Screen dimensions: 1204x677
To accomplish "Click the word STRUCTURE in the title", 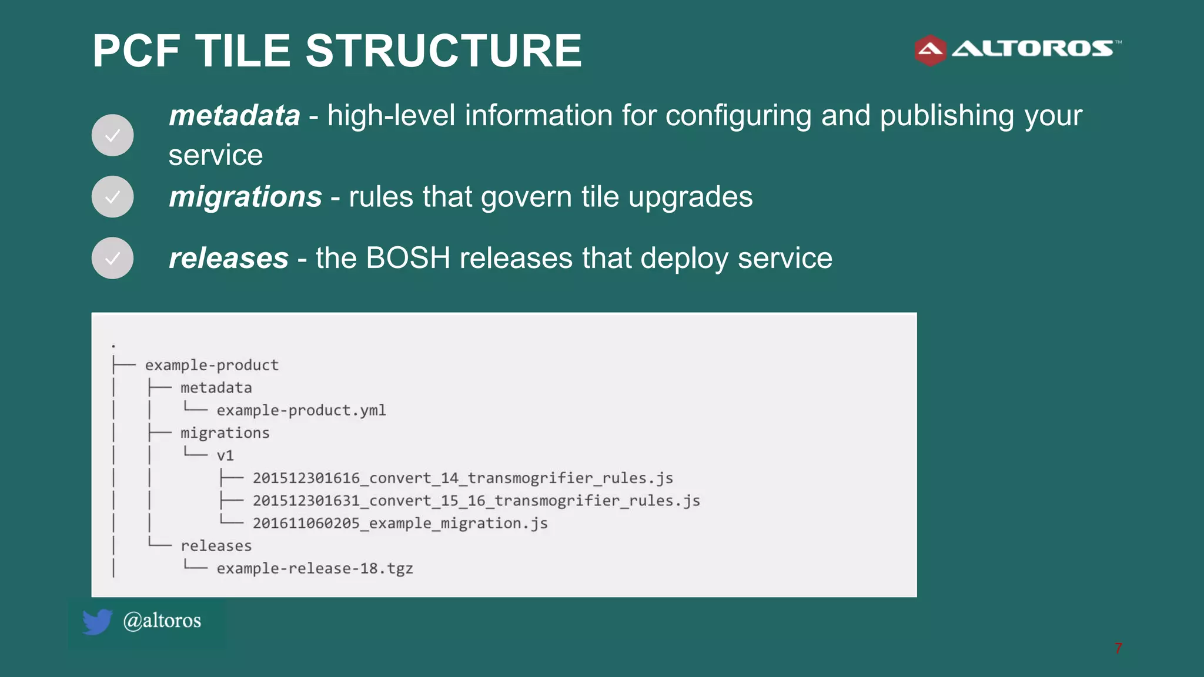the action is point(443,51).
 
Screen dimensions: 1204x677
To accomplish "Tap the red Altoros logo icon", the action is point(930,51).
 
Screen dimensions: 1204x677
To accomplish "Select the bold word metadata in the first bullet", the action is point(235,115).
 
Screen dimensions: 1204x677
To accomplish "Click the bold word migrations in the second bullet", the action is point(245,196).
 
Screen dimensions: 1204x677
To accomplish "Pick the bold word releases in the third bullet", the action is point(229,258).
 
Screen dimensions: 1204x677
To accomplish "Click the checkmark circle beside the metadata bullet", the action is point(112,135).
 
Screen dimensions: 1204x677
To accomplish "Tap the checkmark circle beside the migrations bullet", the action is point(112,197).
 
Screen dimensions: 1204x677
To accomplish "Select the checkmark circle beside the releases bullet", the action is point(112,258).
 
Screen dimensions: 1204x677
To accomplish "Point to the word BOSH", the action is point(407,258).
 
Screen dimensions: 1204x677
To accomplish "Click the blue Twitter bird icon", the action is point(97,622).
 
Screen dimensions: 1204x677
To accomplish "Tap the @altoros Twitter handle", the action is point(162,621).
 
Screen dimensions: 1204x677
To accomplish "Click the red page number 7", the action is point(1118,648).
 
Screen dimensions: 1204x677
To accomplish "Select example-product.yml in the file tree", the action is point(301,410).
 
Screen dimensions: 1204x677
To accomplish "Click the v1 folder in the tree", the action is point(225,455).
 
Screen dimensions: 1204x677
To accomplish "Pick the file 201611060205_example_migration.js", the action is point(400,523).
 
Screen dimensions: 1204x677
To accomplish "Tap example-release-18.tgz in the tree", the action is point(315,568).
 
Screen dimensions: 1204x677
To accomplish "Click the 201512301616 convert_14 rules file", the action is point(463,478).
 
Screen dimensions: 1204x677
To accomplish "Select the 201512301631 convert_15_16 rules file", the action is point(476,501).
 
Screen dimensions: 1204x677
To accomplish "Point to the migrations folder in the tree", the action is point(225,433).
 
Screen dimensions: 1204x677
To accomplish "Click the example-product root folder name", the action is point(212,365).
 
